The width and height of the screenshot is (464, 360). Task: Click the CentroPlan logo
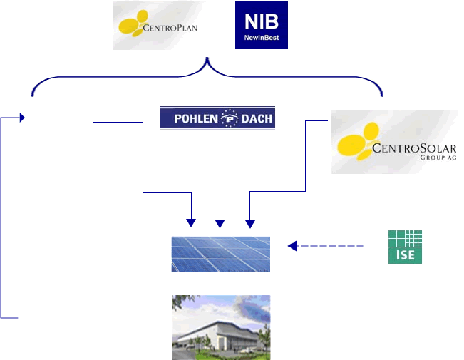159,25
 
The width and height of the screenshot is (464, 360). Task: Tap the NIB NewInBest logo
262,25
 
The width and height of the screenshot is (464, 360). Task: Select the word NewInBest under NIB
262,38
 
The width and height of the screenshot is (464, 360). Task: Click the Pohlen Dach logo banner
218,117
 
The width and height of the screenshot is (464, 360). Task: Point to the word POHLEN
196,119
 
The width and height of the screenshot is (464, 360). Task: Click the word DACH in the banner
257,119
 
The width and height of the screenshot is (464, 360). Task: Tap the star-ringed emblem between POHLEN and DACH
230,118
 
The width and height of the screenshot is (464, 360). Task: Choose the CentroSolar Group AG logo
395,142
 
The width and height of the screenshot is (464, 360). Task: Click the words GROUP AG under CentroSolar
438,158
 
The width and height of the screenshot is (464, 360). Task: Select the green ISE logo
405,247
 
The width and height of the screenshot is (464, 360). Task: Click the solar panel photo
221,254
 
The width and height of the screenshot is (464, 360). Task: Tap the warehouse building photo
221,327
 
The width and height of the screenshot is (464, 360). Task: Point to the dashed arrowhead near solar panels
292,246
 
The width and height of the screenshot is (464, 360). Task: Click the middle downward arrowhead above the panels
220,224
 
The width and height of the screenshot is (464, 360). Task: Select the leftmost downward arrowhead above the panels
191,223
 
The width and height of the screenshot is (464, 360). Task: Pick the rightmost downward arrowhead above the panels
250,224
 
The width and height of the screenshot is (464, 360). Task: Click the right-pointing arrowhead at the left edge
22,118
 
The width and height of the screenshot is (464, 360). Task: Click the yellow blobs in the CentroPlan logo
133,24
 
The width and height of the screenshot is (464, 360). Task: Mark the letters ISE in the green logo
405,255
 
